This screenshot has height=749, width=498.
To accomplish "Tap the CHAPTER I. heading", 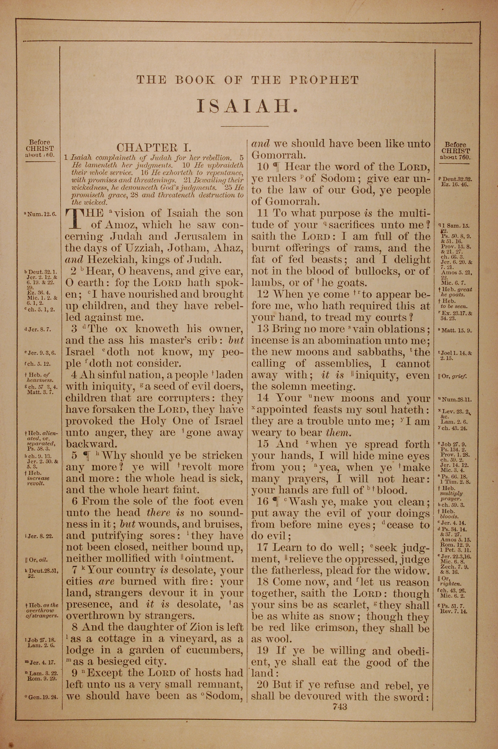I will tap(154, 147).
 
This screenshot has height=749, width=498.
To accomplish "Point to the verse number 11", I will tap(262, 213).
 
